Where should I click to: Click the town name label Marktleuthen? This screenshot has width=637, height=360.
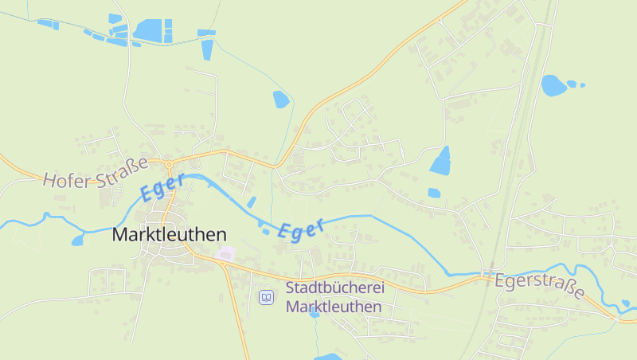[x=169, y=235]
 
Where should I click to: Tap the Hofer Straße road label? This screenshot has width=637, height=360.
[x=96, y=172]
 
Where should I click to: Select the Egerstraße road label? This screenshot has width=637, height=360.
[x=539, y=286]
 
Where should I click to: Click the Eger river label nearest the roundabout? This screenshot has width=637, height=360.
[x=162, y=187]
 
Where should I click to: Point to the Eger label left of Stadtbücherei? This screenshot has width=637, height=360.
[x=302, y=229]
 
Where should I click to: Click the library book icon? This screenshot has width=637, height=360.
[x=267, y=297]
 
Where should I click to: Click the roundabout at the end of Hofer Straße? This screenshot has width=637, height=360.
[x=169, y=165]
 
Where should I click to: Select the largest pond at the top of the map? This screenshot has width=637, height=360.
[x=148, y=30]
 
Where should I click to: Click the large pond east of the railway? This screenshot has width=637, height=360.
[x=553, y=85]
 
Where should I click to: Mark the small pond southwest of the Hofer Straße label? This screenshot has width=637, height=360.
[x=77, y=240]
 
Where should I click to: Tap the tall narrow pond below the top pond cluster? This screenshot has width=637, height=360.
[x=208, y=49]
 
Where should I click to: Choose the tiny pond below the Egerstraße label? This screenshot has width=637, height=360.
[x=625, y=303]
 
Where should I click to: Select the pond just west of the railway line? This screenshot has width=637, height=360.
[x=440, y=161]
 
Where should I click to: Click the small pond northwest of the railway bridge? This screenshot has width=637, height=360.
[x=434, y=193]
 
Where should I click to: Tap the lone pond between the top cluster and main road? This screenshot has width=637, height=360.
[x=280, y=100]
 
